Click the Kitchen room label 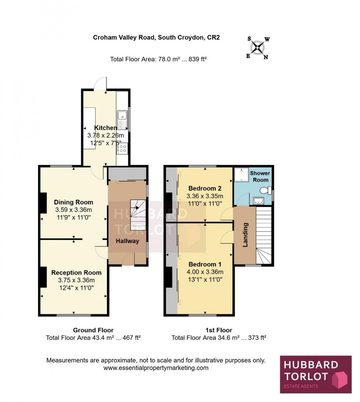coord(106,128)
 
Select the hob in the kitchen coord(122,148)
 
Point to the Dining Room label coord(73,202)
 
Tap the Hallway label coord(127,241)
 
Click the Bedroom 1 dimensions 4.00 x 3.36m coord(205,272)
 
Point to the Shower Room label coord(260,177)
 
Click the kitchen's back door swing coord(100,84)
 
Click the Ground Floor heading coord(93,330)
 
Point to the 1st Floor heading coord(219,330)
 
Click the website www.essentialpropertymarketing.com coord(156,368)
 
